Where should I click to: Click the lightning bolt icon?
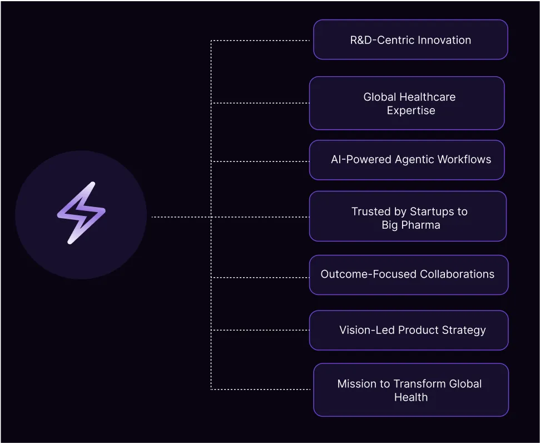tap(81, 213)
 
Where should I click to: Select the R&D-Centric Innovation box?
tap(410, 40)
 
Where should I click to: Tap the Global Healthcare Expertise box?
tap(407, 104)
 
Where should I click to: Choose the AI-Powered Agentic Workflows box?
tap(407, 160)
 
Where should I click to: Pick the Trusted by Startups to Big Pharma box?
tap(408, 216)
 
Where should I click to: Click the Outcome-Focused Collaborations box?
tap(408, 274)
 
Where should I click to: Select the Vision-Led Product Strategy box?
tap(408, 330)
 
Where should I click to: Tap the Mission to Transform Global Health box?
tap(410, 390)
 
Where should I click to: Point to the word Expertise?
tap(411, 110)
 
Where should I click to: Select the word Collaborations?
tap(457, 274)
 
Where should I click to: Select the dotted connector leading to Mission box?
tap(261, 389)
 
